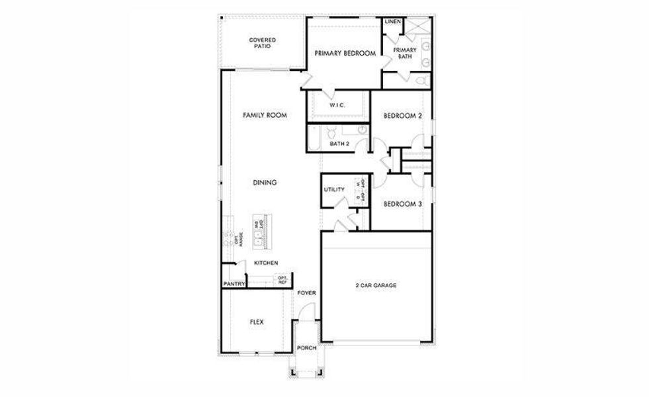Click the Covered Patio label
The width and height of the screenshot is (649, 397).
[262, 44]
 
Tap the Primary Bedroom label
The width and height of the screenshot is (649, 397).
[345, 54]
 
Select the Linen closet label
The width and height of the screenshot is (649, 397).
[392, 22]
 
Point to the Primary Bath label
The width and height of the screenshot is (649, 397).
[405, 54]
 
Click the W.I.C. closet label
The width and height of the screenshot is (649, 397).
[337, 105]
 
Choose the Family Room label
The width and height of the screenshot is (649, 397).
[264, 115]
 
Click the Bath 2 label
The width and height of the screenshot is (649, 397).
[339, 143]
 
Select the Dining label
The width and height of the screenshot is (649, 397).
[264, 183]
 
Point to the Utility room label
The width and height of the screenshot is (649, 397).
[334, 190]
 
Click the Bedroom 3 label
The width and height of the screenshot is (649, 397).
[402, 204]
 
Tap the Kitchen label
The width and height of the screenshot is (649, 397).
[266, 263]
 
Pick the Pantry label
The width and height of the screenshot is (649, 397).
[234, 284]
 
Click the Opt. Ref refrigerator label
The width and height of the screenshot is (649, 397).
[282, 280]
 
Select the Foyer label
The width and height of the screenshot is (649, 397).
[306, 292]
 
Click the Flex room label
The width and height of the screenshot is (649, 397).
[257, 322]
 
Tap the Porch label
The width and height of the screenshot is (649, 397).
[306, 348]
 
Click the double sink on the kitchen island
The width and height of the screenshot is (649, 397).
[257, 233]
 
